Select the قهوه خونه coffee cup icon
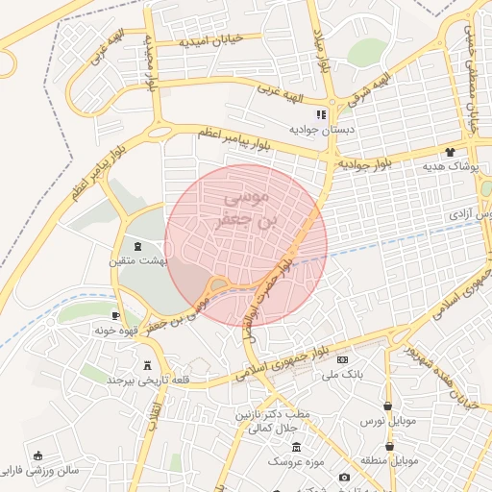(x=115, y=315)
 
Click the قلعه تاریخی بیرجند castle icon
(x=147, y=365)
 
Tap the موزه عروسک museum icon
(x=296, y=449)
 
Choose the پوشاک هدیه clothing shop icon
(x=449, y=152)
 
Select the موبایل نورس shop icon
(x=387, y=406)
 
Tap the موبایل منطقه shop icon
(x=389, y=446)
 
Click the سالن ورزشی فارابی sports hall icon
(x=37, y=455)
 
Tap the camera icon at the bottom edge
(x=344, y=478)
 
